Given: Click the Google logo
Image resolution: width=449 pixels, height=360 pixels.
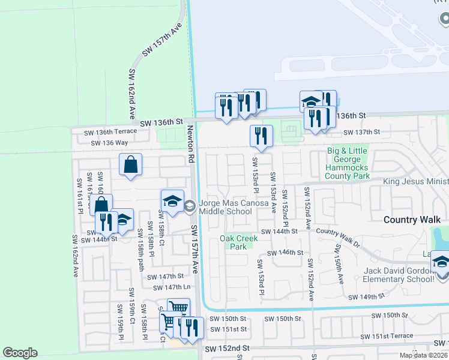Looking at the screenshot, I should point(20,353).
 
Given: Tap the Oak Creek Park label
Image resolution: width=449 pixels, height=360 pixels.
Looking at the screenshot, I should point(238,242).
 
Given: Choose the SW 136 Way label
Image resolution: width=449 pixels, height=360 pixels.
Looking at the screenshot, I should point(109,143).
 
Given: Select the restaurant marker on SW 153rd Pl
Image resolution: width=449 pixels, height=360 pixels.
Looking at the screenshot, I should point(261,136).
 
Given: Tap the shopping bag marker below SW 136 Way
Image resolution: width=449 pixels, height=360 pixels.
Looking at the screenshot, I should point(130,164).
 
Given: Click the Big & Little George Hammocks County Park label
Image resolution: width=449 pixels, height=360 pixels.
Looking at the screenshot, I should point(346,164).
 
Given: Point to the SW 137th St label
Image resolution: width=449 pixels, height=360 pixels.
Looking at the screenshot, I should point(362,132).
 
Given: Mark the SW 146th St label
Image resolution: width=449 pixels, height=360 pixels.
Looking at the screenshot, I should point(289,253).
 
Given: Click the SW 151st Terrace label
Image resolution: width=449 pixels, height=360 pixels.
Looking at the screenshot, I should point(392,336).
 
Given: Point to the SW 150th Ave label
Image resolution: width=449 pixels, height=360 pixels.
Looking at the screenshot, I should point(339,264).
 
